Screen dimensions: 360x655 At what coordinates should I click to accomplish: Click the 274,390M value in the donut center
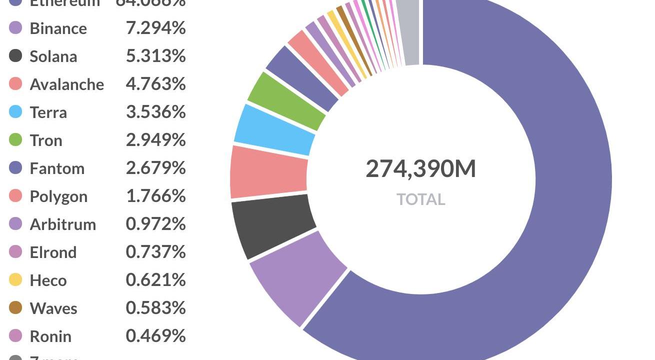point(420,169)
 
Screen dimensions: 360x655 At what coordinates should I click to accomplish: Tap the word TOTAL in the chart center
point(420,199)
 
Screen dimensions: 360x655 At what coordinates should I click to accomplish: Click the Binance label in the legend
point(58,28)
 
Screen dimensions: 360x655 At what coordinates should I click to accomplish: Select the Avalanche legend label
point(66,84)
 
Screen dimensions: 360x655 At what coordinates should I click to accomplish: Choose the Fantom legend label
point(57,168)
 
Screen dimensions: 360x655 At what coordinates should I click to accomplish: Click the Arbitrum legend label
point(62,224)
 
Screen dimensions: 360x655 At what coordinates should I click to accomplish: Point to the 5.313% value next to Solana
point(155,56)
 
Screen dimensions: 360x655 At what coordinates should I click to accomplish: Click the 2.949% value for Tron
point(155,140)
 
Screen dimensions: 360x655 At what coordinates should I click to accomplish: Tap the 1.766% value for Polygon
point(155,196)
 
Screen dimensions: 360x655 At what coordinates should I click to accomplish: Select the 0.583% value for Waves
point(155,308)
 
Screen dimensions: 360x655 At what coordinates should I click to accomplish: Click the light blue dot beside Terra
point(15,112)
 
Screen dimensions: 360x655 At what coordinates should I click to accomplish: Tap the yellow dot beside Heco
point(15,280)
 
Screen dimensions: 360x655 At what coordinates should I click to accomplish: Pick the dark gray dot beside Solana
point(15,56)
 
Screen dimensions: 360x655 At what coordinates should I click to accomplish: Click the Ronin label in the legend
point(50,336)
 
